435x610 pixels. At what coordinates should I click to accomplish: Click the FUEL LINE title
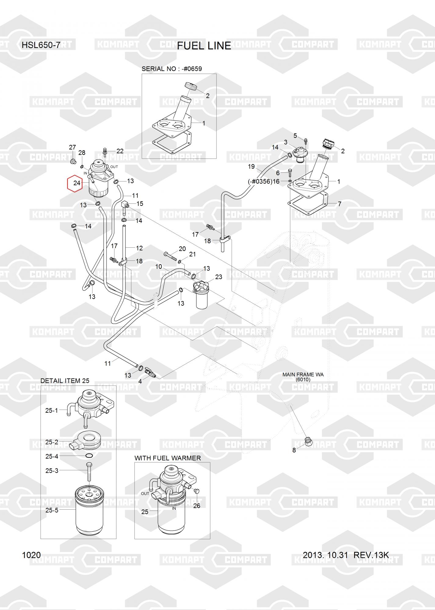click(x=204, y=46)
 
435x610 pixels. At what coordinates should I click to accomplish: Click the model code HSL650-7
click(x=41, y=45)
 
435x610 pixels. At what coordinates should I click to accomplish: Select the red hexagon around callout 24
click(x=75, y=183)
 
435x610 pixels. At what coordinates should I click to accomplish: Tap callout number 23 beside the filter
click(x=219, y=277)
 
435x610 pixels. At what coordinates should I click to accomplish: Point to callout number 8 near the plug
click(x=294, y=450)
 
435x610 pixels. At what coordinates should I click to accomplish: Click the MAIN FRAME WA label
click(x=303, y=375)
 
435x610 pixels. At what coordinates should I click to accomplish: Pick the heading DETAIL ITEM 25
click(x=65, y=381)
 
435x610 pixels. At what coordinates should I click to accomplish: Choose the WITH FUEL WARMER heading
click(x=168, y=458)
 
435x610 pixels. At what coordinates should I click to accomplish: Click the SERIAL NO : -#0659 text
click(x=172, y=69)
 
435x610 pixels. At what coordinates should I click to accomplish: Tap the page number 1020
click(x=31, y=555)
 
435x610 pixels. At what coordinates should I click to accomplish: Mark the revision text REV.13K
click(x=371, y=555)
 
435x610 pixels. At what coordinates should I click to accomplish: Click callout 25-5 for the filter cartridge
click(x=52, y=510)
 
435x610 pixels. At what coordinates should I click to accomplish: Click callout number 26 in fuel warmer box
click(x=197, y=505)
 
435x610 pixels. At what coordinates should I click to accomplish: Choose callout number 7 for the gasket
click(x=339, y=204)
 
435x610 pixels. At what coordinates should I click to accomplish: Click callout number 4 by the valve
click(x=140, y=381)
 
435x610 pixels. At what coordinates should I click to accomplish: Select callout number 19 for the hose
click(x=251, y=167)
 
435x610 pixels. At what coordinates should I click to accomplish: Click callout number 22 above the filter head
click(x=120, y=151)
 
